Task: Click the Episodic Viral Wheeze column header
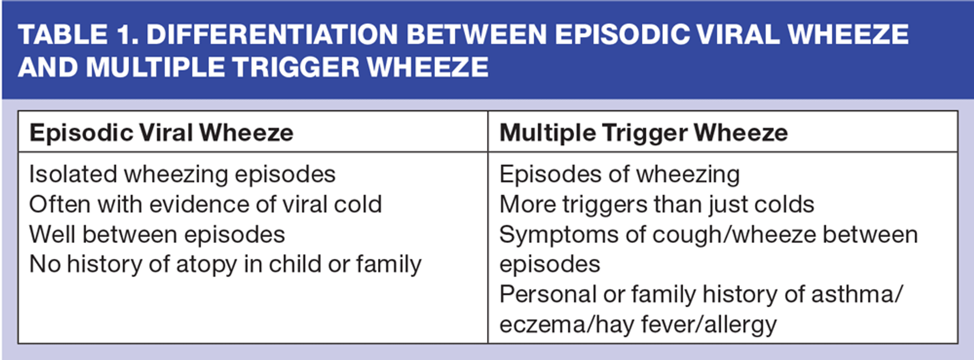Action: pyautogui.click(x=161, y=133)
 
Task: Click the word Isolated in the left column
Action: pyautogui.click(x=73, y=174)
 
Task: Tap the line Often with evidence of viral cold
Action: pyautogui.click(x=205, y=204)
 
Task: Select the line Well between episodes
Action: pyautogui.click(x=157, y=235)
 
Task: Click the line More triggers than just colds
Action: pyautogui.click(x=657, y=205)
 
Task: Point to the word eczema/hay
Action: pyautogui.click(x=567, y=325)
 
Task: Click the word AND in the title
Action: pyautogui.click(x=45, y=67)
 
